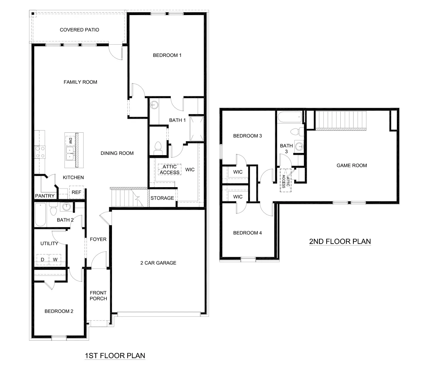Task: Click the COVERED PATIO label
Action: pyautogui.click(x=79, y=30)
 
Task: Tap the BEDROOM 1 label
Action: pyautogui.click(x=167, y=55)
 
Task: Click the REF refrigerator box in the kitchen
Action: pyautogui.click(x=76, y=192)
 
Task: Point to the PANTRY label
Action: pyautogui.click(x=45, y=196)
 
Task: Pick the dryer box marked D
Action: pyautogui.click(x=42, y=259)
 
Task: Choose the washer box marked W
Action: pyautogui.click(x=55, y=259)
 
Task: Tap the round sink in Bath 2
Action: pyautogui.click(x=66, y=207)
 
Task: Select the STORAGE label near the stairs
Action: pyautogui.click(x=162, y=198)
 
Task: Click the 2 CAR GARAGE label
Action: pyautogui.click(x=158, y=263)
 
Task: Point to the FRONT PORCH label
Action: pyautogui.click(x=98, y=296)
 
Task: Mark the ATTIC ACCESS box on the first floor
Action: pyautogui.click(x=170, y=170)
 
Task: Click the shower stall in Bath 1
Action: pyautogui.click(x=197, y=129)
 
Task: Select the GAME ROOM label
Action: pyautogui.click(x=352, y=166)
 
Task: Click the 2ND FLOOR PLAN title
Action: pyautogui.click(x=340, y=242)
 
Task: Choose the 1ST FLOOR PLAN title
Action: pyautogui.click(x=115, y=356)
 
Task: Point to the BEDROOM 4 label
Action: pyautogui.click(x=247, y=233)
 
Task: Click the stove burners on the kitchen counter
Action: pyautogui.click(x=40, y=152)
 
